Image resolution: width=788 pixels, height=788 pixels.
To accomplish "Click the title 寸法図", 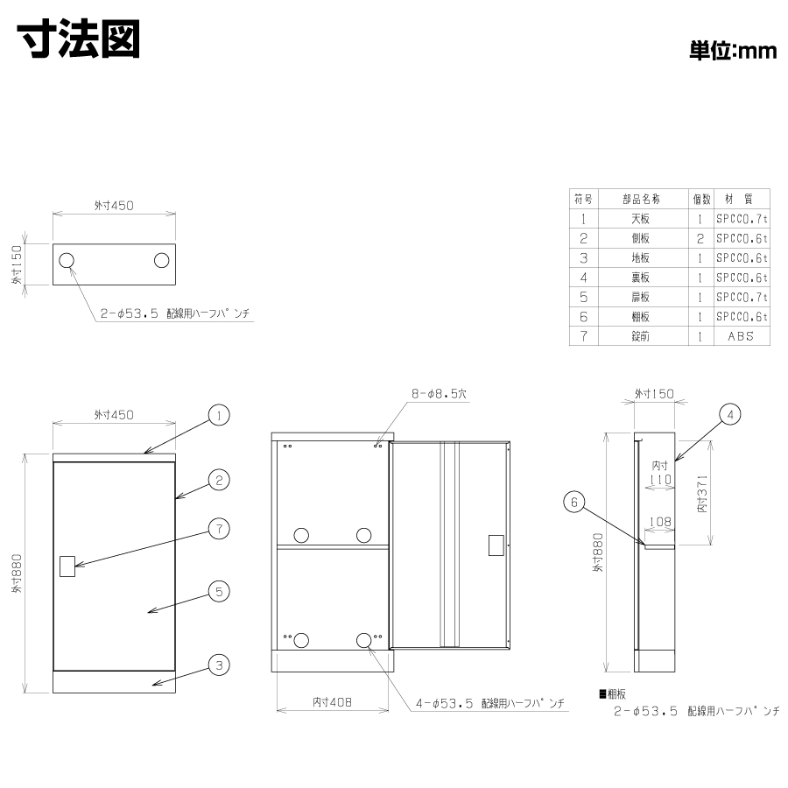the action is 79,39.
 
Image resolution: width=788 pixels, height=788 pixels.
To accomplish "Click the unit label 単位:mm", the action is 732,51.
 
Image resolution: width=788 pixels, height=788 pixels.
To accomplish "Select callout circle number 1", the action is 219,415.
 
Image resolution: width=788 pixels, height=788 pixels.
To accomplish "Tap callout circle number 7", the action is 219,529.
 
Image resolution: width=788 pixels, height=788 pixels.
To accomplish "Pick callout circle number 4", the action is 729,415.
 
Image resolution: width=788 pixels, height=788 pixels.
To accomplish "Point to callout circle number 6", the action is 573,502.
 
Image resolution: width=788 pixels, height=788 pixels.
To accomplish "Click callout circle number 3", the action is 219,665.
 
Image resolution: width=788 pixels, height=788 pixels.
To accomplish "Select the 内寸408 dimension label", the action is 332,702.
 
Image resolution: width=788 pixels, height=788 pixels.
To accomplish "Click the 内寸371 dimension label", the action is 702,494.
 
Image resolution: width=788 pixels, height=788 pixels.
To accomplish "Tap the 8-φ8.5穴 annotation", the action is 440,393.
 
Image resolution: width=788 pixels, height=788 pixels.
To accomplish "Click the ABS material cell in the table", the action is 741,336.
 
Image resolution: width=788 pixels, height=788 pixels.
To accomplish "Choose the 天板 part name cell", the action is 641,219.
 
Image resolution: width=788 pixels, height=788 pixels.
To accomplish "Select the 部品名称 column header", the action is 641,199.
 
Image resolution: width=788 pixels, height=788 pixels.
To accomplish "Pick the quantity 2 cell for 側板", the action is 700,238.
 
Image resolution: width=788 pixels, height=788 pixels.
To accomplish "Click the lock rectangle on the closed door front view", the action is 67,566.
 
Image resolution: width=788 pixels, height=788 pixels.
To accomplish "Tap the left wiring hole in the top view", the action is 67,260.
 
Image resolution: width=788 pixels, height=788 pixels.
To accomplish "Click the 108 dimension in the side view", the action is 660,522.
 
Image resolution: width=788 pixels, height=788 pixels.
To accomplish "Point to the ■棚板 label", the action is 613,694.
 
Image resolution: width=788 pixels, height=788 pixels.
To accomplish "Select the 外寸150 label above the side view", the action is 654,393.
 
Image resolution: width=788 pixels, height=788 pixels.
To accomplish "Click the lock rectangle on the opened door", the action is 496,545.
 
